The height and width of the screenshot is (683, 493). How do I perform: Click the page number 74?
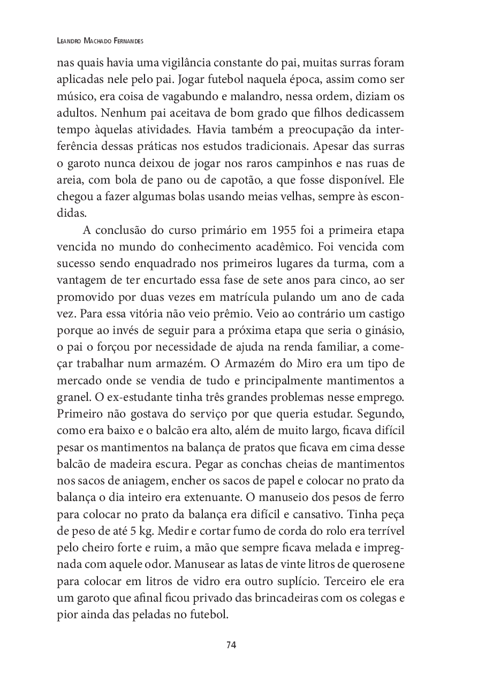click(231, 644)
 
